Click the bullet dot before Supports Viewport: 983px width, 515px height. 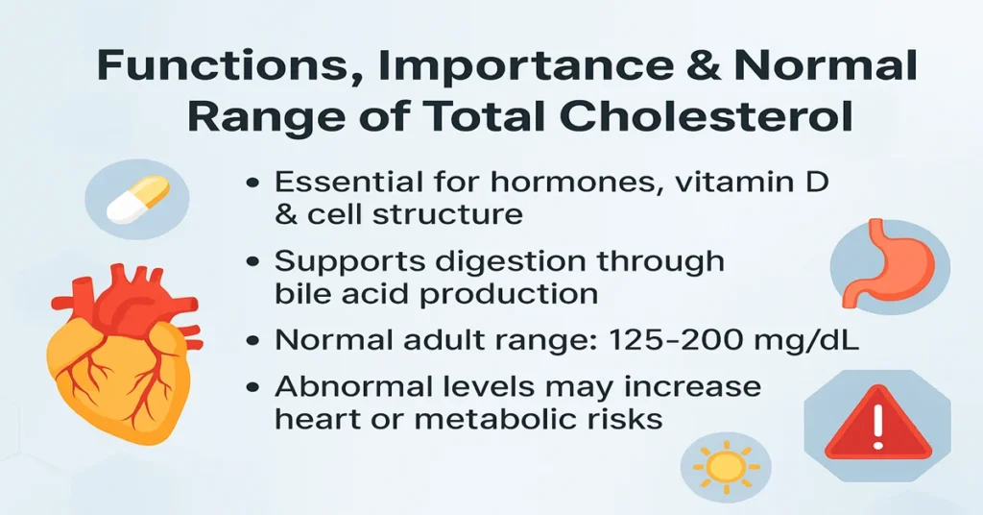[x=254, y=262]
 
